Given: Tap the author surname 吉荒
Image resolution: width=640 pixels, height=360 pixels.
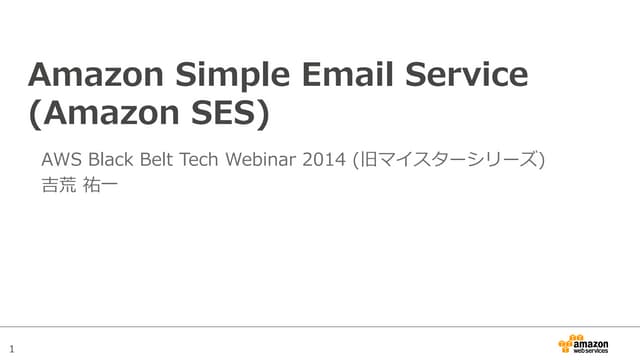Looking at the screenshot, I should point(59,185).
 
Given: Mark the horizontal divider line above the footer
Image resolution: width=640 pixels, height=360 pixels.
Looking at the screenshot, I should point(320,326).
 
